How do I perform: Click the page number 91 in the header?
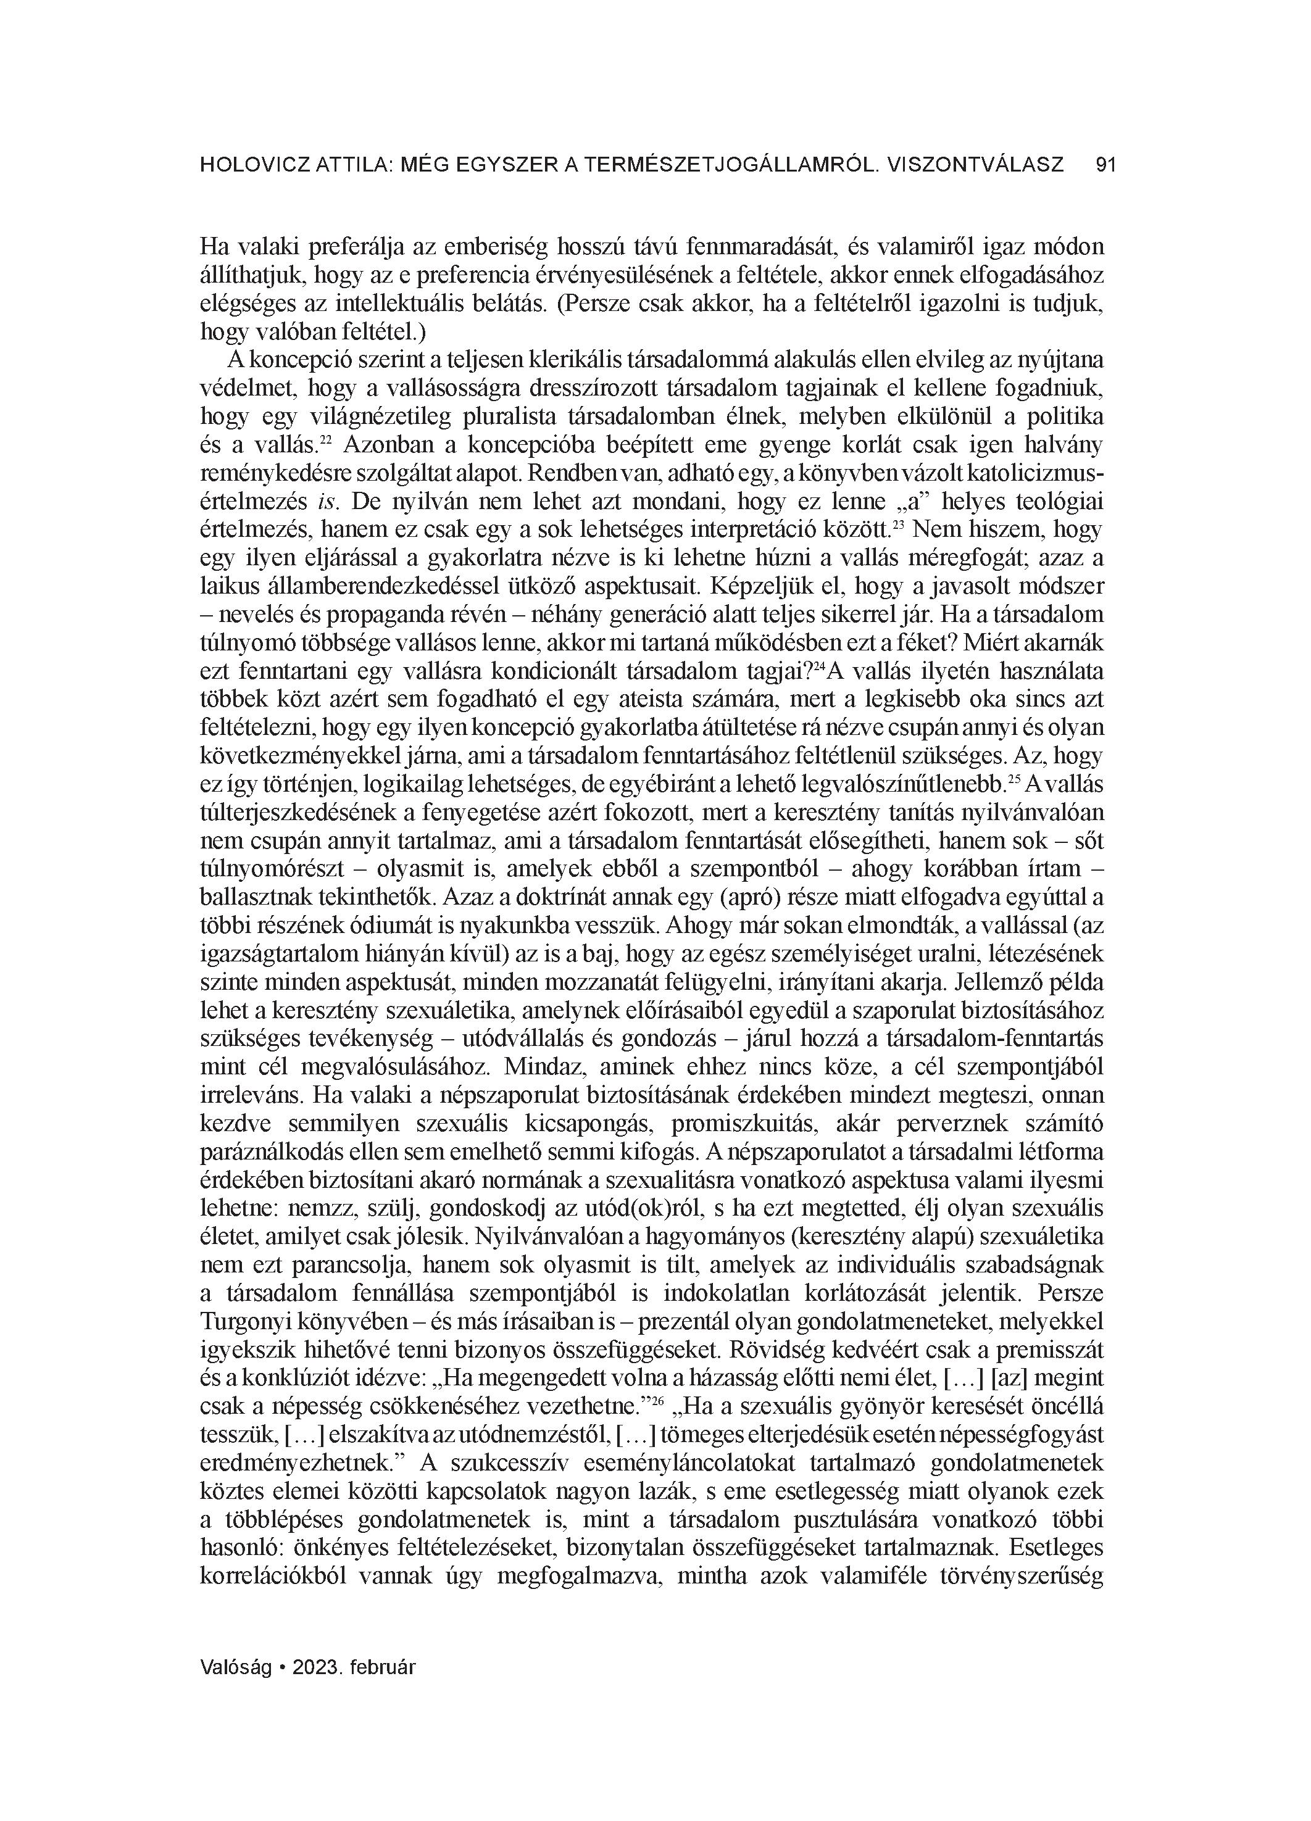tap(1105, 165)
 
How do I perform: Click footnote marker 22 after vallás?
tap(326, 439)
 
